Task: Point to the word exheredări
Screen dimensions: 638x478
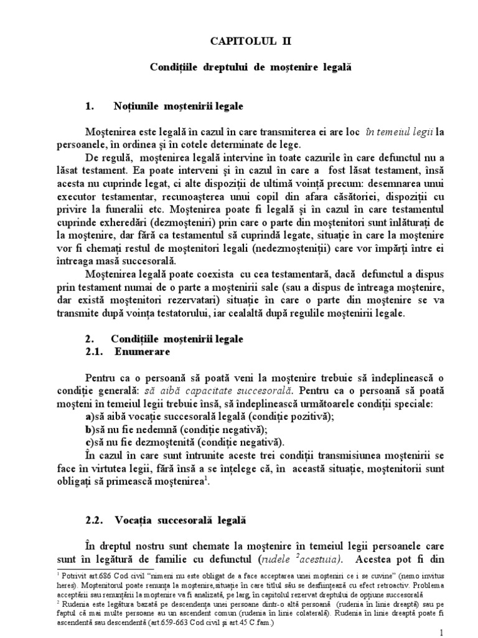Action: tap(123, 255)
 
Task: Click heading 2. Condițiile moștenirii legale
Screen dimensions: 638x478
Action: tap(164, 339)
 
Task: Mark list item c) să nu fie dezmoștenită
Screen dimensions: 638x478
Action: tap(176, 442)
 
